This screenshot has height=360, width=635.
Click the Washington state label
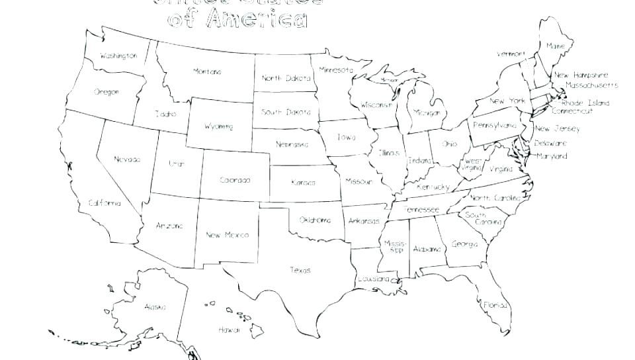coord(118,56)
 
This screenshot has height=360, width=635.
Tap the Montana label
coord(207,71)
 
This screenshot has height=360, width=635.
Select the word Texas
coord(300,270)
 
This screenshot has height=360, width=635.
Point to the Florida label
coord(495,305)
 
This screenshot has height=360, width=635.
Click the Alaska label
coord(155,307)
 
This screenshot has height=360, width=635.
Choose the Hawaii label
coord(229,329)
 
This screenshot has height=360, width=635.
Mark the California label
coord(105,203)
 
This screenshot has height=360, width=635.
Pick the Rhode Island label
coord(585,103)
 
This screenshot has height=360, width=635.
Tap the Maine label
coord(555,46)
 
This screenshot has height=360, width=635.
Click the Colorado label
coord(235,180)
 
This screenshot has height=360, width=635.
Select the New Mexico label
coord(227,235)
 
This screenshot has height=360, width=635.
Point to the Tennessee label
coord(421,210)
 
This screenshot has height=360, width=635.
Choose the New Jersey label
coord(557,129)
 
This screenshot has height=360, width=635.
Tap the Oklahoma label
coord(314,220)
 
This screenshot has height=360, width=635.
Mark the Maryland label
coord(552,157)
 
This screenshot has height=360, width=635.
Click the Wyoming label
coord(218,126)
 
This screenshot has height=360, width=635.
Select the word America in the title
coord(257,20)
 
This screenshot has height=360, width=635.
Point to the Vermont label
coord(511,54)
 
